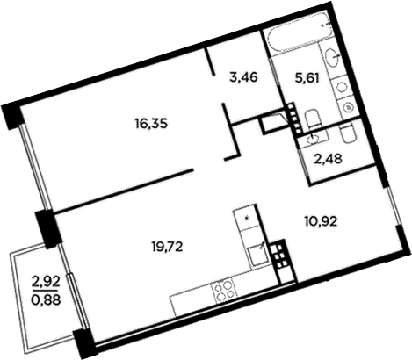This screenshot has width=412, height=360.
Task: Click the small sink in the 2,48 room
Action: pos(312,137)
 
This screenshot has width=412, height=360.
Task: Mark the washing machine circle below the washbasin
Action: pos(349,106)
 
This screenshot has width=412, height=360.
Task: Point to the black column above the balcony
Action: pos(48,227)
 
